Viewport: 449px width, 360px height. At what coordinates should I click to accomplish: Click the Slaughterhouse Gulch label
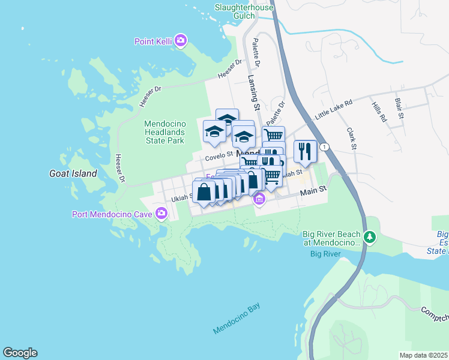[x=244, y=12]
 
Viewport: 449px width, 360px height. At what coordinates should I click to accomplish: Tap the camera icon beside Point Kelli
[x=181, y=41]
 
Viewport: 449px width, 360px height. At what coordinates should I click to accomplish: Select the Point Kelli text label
[x=152, y=41]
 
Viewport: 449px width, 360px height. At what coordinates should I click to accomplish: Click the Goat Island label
[x=73, y=173]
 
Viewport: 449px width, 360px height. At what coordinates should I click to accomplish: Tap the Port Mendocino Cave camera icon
[x=161, y=214]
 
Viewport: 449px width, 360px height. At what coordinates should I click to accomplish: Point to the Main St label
[x=313, y=190]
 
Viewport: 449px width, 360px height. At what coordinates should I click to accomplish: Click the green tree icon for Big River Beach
[x=370, y=238]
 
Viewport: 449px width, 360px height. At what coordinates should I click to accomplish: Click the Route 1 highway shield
[x=325, y=147]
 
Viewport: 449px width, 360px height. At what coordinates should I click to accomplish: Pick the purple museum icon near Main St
[x=259, y=199]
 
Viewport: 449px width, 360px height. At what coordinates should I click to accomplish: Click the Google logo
[x=20, y=353]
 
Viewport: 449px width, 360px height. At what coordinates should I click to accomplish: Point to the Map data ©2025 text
[x=423, y=355]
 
